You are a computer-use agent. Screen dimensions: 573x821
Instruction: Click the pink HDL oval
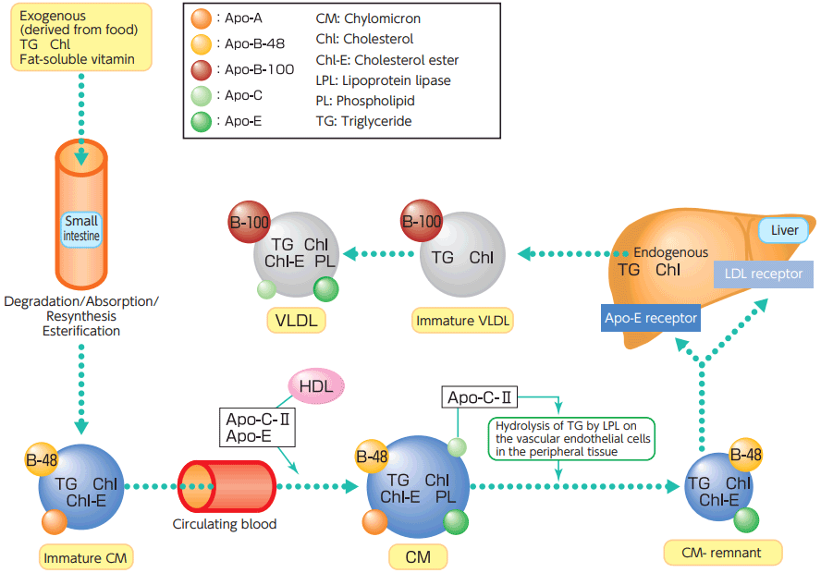point(317,385)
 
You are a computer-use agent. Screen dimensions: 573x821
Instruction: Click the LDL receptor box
point(764,274)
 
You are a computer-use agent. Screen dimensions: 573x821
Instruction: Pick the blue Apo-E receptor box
point(651,319)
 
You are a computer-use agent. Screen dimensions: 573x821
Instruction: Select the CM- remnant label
point(723,552)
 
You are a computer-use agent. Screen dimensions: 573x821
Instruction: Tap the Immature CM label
point(87,556)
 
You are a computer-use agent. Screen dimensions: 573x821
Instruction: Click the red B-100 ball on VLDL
point(249,223)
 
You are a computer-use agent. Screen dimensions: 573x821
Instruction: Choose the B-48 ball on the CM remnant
point(745,455)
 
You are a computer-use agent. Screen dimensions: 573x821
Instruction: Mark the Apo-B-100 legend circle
point(202,69)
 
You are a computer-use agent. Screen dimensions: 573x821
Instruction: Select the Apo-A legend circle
point(202,18)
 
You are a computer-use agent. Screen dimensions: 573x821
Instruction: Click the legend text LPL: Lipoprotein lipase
point(383,80)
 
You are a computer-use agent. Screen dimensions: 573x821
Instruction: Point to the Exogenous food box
point(80,38)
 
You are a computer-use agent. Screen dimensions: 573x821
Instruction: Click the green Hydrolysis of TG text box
point(570,438)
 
